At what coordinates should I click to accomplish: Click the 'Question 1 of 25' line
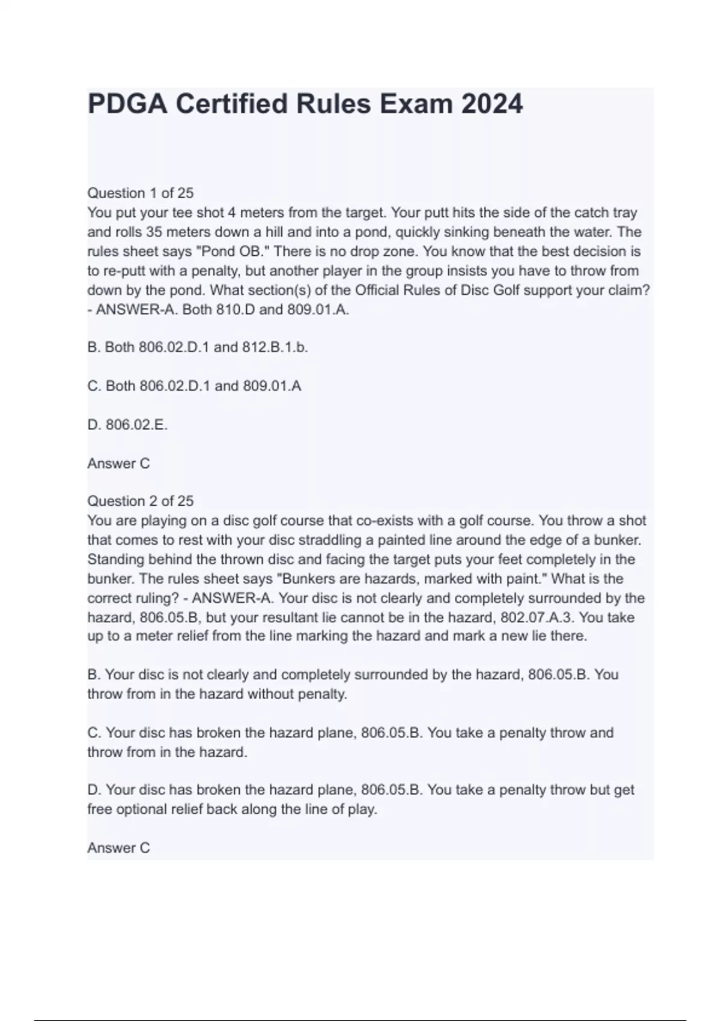(141, 193)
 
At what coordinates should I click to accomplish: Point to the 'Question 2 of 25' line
(141, 501)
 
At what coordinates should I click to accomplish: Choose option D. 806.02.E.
(127, 425)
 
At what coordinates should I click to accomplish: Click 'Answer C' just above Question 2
(118, 463)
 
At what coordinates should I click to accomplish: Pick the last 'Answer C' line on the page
(118, 847)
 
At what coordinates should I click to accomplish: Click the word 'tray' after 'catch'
(625, 213)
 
